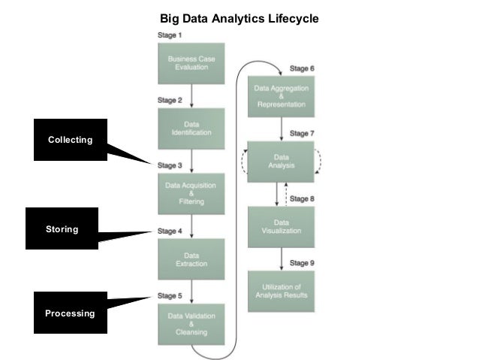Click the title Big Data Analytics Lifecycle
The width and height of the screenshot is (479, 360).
click(x=239, y=16)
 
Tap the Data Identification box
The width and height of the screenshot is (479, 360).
click(x=192, y=129)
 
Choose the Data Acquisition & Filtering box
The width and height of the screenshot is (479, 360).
click(x=192, y=194)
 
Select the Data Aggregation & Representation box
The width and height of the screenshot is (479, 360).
click(x=281, y=95)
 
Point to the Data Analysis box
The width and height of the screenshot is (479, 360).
click(x=281, y=161)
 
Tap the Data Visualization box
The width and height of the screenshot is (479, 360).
click(x=281, y=226)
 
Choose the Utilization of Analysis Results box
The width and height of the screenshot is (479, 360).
click(x=281, y=291)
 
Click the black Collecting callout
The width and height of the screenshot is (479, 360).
click(x=70, y=140)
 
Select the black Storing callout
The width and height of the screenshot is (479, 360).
click(x=62, y=228)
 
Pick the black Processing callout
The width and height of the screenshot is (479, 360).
click(x=70, y=313)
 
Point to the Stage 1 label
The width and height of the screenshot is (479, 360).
click(x=169, y=35)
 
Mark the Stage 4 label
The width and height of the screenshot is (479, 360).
click(x=170, y=231)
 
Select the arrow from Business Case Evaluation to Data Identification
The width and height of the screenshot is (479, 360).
click(x=192, y=95)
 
